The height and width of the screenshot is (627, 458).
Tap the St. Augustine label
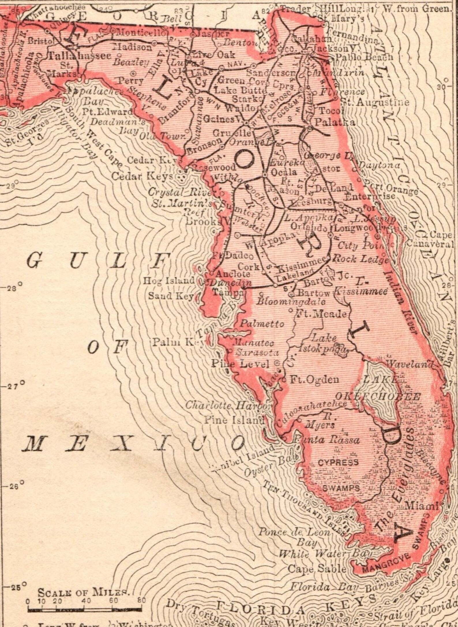click(x=375, y=102)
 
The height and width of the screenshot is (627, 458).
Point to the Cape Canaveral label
click(x=430, y=240)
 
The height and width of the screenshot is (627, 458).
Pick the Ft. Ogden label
click(x=314, y=379)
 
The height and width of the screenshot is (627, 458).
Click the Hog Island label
click(x=169, y=280)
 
